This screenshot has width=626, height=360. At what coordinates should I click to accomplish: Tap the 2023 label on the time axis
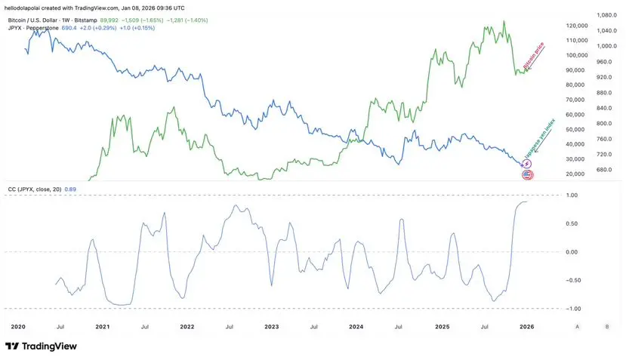[271, 326]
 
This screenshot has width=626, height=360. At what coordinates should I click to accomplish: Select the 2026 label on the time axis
[527, 326]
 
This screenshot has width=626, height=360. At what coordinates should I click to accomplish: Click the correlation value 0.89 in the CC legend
[70, 189]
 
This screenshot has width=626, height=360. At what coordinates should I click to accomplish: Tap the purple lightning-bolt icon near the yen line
[527, 164]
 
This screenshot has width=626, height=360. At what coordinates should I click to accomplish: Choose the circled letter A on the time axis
[578, 326]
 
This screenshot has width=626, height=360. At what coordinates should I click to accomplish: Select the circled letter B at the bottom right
[606, 326]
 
